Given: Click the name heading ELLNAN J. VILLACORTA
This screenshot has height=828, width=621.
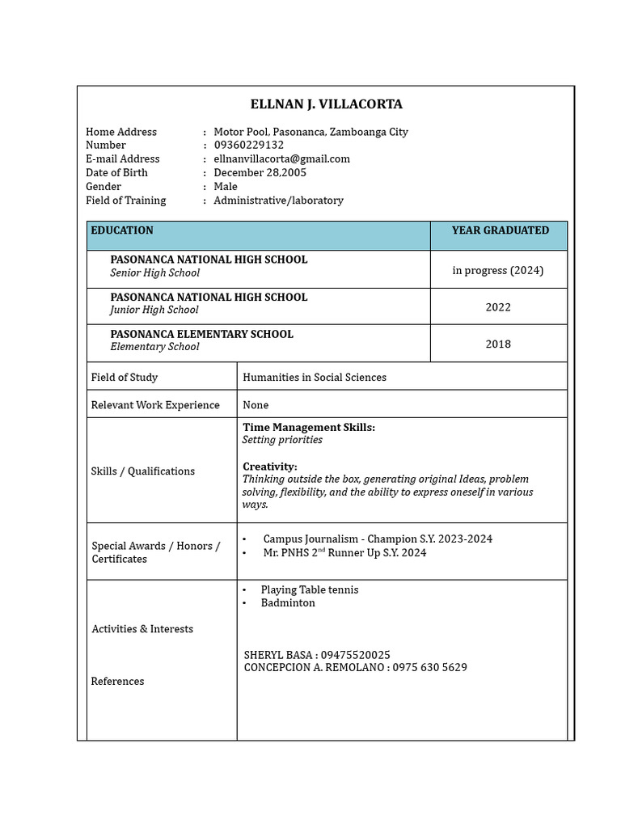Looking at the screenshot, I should (x=326, y=104).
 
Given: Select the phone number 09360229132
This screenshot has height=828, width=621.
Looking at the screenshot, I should (x=248, y=145).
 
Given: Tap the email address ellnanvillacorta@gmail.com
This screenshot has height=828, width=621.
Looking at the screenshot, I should (x=281, y=158).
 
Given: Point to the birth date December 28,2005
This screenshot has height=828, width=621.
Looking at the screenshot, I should (x=260, y=172).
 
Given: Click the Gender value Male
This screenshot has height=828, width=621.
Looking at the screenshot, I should (x=226, y=186).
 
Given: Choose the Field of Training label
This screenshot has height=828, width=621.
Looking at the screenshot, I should (x=125, y=200).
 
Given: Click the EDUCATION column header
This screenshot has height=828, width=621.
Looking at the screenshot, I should (x=122, y=230).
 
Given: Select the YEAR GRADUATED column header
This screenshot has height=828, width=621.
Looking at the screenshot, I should (x=500, y=230).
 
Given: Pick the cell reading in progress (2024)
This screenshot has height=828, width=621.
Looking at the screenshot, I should (x=497, y=270).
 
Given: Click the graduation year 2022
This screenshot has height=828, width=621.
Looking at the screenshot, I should (x=498, y=307).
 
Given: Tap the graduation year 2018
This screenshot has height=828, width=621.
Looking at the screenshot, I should (x=498, y=344).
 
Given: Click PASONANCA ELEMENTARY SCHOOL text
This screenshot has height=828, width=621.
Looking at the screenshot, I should (x=201, y=334).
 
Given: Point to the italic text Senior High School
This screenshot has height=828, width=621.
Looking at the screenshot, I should (x=154, y=272).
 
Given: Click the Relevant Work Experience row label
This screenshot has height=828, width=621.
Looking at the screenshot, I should (x=155, y=404).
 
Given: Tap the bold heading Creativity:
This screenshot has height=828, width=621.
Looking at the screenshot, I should (x=269, y=467).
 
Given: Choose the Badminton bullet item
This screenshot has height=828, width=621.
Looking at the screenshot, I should (x=288, y=602).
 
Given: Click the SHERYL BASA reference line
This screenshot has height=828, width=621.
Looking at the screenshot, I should (x=317, y=654).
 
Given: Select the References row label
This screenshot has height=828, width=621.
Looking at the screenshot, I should (x=117, y=681).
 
